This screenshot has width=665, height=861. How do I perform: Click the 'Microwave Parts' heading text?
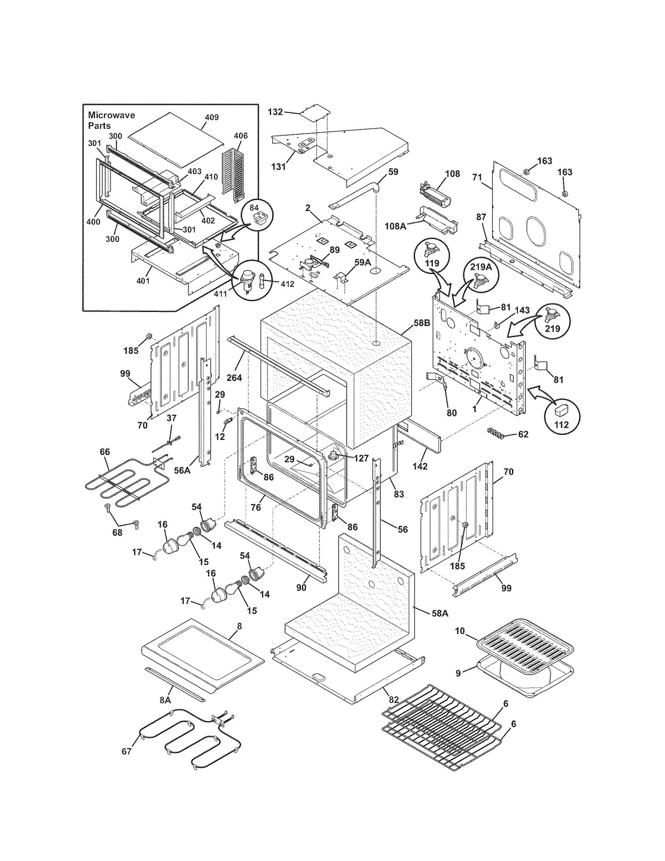click(x=111, y=120)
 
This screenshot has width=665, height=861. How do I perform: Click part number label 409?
click(x=212, y=117)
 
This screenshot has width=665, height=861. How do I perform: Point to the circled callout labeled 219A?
click(x=481, y=274)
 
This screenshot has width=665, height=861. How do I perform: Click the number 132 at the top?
click(x=275, y=111)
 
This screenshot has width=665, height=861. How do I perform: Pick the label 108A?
click(x=395, y=226)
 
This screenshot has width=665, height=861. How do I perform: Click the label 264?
click(x=234, y=377)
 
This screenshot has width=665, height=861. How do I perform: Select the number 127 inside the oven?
click(x=361, y=458)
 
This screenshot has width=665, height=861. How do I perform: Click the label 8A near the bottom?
click(x=165, y=700)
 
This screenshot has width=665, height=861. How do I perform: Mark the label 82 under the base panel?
click(x=394, y=700)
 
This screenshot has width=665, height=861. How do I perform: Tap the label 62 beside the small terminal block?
click(x=523, y=434)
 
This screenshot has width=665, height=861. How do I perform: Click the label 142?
click(x=420, y=466)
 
